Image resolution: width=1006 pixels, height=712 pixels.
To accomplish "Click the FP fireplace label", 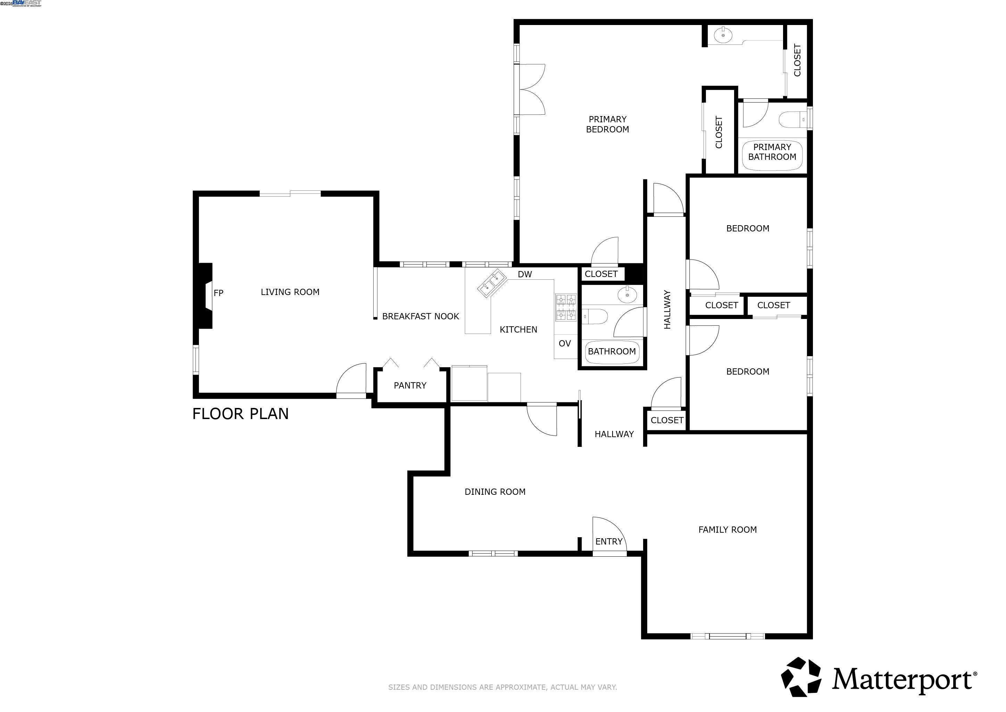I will [x=218, y=293].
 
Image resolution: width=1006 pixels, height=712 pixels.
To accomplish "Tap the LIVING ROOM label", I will [x=290, y=292].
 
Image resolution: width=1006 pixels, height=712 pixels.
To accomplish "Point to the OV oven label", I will [x=564, y=344].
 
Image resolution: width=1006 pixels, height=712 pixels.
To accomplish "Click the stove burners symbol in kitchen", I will [x=566, y=307].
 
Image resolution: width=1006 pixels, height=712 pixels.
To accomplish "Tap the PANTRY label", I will [x=410, y=385].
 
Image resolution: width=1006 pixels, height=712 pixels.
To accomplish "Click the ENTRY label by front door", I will [x=609, y=541].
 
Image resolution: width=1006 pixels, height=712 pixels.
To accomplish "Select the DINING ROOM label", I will [x=495, y=492].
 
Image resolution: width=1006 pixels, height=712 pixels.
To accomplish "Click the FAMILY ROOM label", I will [x=728, y=530].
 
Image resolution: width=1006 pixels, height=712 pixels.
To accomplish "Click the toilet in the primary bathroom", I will [x=792, y=119].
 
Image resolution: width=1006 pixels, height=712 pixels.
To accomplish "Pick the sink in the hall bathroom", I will [x=627, y=295].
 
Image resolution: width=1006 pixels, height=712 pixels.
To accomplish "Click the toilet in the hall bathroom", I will [x=596, y=316].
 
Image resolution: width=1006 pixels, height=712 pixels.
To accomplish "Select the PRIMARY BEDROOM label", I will [x=607, y=124].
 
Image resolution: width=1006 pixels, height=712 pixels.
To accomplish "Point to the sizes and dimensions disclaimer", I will [x=502, y=687].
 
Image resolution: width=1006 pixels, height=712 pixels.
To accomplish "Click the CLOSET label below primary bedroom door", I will [x=601, y=274].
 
